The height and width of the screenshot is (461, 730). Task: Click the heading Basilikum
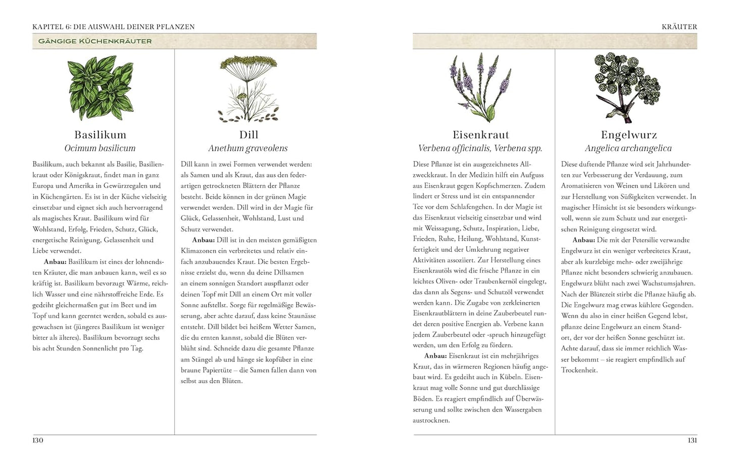pos(100,135)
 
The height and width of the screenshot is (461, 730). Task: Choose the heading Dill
pos(249,135)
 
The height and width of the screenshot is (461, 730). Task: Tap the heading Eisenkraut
pos(480,135)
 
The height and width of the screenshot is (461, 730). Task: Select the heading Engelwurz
pos(628,135)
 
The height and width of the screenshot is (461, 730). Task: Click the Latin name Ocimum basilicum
pos(100,149)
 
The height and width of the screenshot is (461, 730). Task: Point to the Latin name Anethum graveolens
pos(248,149)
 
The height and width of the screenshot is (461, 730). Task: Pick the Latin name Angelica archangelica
pos(628,149)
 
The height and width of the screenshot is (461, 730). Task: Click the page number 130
pos(38,441)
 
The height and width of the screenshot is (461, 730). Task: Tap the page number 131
pos(692,441)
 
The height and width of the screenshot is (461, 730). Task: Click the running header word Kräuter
pos(679,27)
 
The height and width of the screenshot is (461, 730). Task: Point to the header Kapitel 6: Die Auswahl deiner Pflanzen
pos(114,27)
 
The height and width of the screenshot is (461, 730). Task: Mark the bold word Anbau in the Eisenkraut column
pos(435,356)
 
